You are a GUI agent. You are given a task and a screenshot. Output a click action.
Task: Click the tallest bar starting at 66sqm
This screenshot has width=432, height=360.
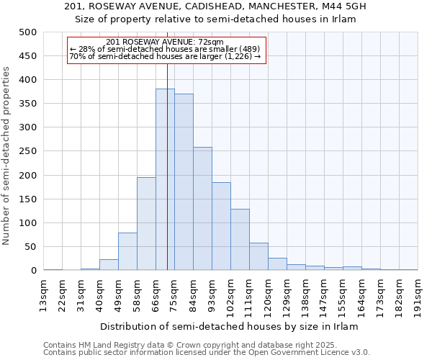[x=165, y=180]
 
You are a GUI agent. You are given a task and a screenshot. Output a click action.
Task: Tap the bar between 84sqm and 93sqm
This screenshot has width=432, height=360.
[x=202, y=209]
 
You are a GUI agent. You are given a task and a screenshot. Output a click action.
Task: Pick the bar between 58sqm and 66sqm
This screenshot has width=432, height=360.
[x=146, y=224]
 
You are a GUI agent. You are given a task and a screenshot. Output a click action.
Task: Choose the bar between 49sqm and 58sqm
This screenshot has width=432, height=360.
[x=127, y=252]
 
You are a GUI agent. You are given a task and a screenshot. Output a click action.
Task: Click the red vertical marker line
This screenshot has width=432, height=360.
[x=167, y=144]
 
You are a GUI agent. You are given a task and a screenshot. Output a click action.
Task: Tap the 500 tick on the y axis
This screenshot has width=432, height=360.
[x=28, y=32]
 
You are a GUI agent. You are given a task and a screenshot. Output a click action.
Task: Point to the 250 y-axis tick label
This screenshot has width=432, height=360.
[x=28, y=151]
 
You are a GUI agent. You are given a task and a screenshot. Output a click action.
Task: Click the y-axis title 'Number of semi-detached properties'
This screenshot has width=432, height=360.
[x=7, y=156]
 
